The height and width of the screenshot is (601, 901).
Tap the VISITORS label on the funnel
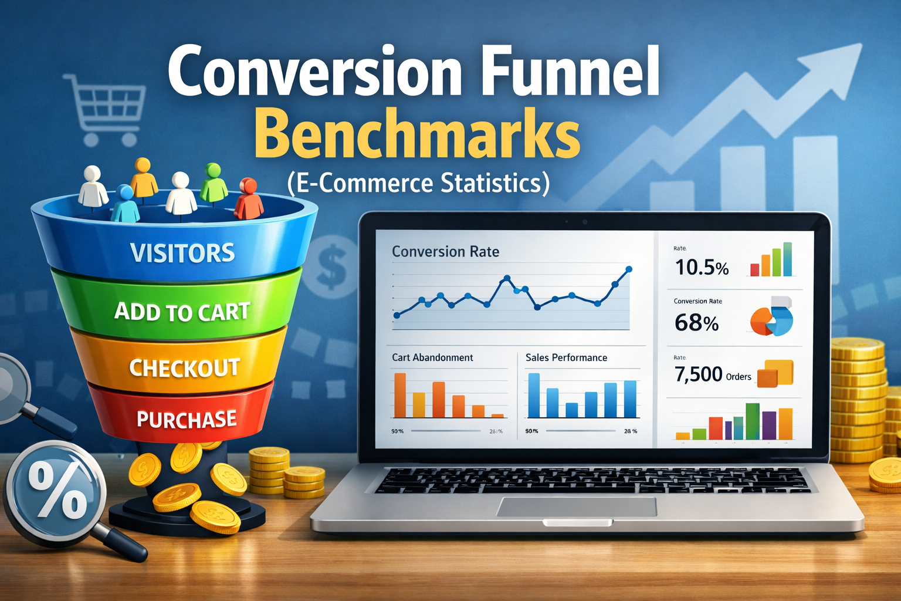(x=182, y=253)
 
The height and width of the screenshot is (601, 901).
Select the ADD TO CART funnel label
(x=182, y=312)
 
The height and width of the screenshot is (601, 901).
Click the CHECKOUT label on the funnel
(x=184, y=368)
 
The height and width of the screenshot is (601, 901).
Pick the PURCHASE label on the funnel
(x=187, y=419)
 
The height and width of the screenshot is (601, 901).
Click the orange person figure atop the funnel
(x=143, y=177)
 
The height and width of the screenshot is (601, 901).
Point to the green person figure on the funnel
(x=214, y=183)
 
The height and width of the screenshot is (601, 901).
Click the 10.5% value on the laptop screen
(x=702, y=268)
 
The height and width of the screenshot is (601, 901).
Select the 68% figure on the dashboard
(x=696, y=323)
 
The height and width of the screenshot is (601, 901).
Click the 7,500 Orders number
(x=698, y=374)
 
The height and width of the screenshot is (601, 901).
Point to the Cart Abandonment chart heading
(x=432, y=357)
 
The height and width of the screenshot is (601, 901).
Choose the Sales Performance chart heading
(x=566, y=357)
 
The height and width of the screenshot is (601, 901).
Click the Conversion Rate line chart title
(x=445, y=252)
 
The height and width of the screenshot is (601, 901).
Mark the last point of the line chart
(x=629, y=269)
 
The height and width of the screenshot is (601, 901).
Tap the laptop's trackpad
(x=576, y=507)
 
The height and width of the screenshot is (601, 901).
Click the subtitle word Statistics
(x=494, y=183)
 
